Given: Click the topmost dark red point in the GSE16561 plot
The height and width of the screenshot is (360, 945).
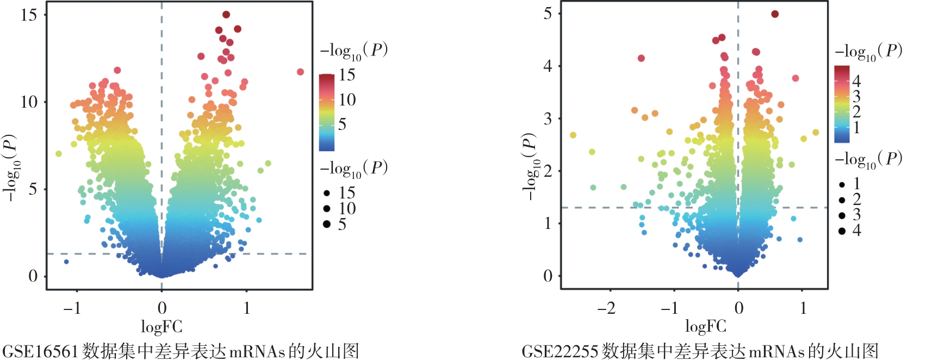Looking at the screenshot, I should tap(226, 15).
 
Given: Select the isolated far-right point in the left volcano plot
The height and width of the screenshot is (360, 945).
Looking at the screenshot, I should tap(300, 72).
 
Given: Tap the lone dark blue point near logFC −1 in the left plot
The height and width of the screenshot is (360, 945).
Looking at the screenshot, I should tap(66, 262).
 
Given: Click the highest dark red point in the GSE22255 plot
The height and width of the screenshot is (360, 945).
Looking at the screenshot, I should tap(775, 14).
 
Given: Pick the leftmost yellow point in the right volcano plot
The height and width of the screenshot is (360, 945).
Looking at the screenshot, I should tap(573, 135).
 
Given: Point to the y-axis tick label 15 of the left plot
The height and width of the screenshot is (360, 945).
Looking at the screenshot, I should tap(29, 15).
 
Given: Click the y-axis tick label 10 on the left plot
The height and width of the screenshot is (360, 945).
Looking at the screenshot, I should tap(29, 102).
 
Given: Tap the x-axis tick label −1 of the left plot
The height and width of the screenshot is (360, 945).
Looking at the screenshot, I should tap(72, 308).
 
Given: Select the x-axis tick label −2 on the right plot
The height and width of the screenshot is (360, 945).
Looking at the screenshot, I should tap(606, 308).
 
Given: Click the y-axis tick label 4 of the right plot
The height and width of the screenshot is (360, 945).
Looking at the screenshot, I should tap(548, 66).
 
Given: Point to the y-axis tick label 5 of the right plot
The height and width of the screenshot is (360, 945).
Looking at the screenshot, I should tap(548, 14).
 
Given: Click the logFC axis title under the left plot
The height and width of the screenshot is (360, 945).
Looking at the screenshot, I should tap(161, 327).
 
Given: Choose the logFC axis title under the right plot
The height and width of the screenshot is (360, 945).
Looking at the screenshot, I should tap(705, 326).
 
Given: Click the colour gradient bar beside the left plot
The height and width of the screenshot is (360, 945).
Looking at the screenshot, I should tap(327, 112).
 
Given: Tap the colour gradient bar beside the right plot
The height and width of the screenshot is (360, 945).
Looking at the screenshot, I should tap(842, 104).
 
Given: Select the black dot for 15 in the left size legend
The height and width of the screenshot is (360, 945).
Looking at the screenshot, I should tap(327, 193).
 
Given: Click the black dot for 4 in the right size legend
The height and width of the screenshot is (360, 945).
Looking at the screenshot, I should tap(842, 231).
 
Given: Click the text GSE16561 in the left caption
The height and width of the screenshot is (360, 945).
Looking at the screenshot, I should tap(41, 351).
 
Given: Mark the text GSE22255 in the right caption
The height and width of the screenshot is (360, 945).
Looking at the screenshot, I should tap(560, 351).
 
